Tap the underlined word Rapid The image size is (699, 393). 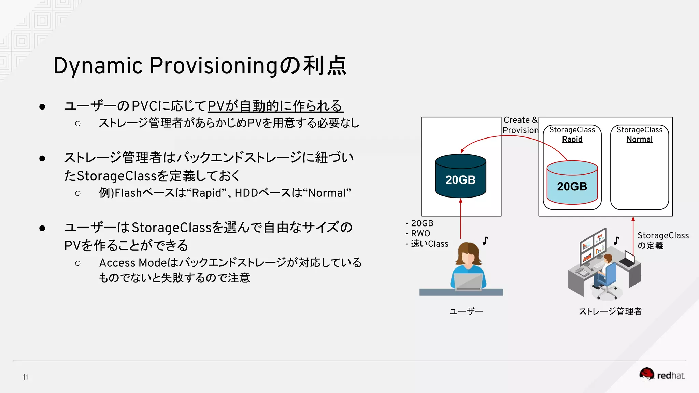point(572,139)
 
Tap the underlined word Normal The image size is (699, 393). point(639,139)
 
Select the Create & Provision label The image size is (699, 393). point(520,125)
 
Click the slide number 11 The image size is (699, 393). point(25,377)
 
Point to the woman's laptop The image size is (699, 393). point(468,282)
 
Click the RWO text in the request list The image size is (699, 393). point(420,234)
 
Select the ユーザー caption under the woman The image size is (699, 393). point(466,311)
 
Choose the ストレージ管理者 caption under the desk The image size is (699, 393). point(610,311)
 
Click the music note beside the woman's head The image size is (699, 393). point(485,241)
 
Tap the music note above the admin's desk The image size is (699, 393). point(616,241)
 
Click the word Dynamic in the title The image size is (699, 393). point(98,66)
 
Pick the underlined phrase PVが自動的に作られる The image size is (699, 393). point(275,106)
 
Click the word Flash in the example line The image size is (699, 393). point(128,193)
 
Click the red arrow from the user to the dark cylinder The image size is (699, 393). point(461,218)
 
